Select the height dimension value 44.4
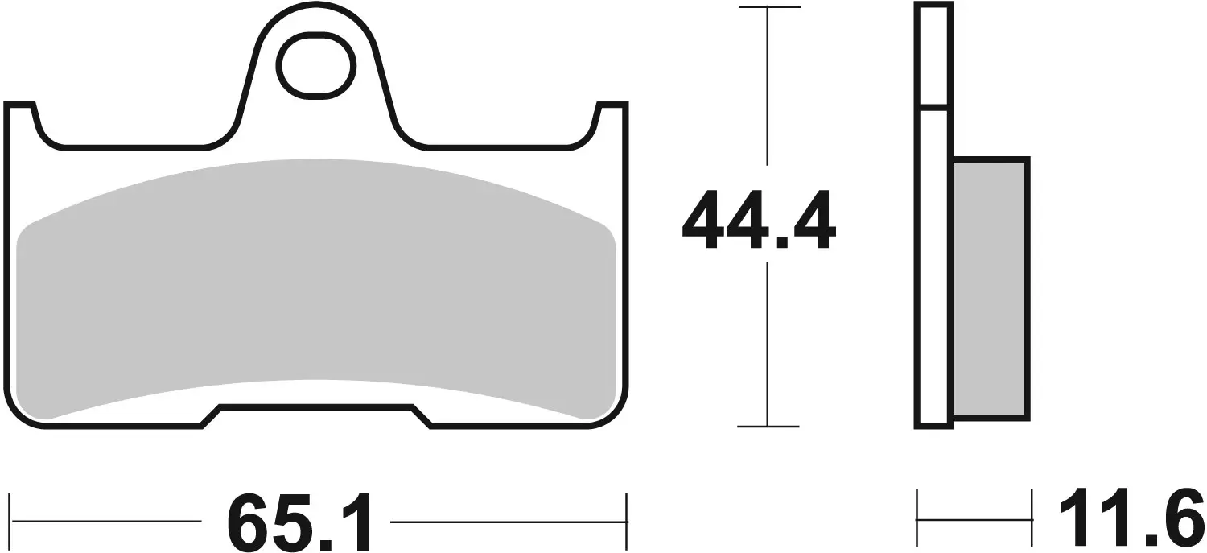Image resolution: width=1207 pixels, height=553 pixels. (x=759, y=221)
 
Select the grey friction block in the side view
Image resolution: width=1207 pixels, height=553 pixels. (x=990, y=288)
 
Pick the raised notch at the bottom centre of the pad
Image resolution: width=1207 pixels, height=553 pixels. (x=315, y=412)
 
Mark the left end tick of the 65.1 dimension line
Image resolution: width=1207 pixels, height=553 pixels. (x=10, y=521)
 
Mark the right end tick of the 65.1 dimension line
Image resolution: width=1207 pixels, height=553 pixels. (x=626, y=521)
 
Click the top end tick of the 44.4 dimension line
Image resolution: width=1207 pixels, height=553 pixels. (x=768, y=8)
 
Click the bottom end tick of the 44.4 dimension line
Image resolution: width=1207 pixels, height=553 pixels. (x=768, y=426)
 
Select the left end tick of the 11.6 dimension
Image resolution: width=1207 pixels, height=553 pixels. (x=918, y=520)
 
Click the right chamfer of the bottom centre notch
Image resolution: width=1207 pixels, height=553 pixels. (x=422, y=417)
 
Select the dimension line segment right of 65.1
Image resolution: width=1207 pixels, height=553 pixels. (x=507, y=521)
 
